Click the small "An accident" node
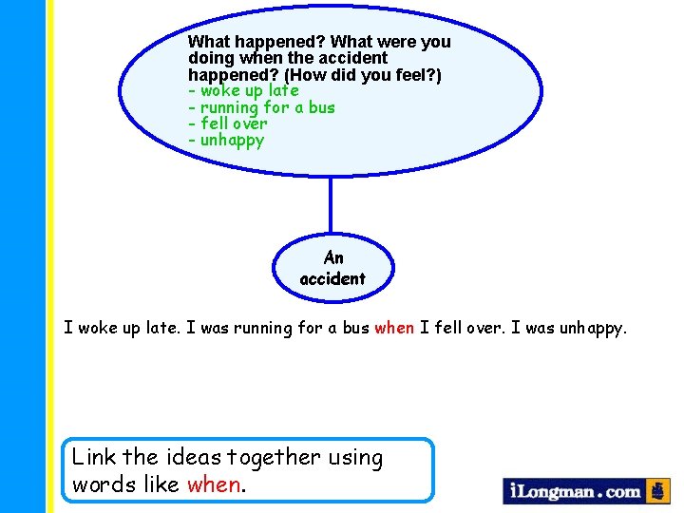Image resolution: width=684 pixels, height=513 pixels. pos(332,268)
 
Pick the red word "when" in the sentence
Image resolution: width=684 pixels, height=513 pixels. pos(394,328)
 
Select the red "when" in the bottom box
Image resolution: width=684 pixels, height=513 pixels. pos(214,484)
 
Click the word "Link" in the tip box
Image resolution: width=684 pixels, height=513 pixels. pos(94,458)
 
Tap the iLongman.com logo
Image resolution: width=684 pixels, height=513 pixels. pos(576,491)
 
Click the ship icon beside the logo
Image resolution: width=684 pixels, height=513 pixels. pos(658,490)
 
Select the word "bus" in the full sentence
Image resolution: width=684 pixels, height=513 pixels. pos(355,328)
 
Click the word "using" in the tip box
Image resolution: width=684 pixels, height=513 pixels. pos(355,458)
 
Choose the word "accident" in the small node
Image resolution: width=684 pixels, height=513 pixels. pos(332,278)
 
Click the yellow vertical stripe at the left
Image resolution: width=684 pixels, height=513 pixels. pos(50,256)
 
